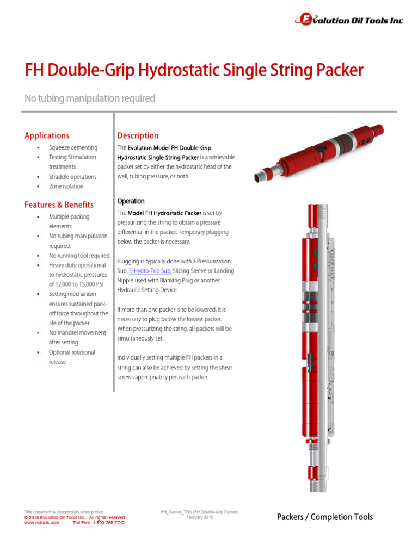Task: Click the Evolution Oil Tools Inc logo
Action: tap(348, 20)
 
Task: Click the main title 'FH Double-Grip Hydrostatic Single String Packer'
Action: tap(194, 70)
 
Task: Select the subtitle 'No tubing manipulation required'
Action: tap(90, 98)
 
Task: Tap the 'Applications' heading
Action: tap(47, 135)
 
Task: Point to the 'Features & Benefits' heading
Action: tap(59, 205)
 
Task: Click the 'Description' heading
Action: tap(138, 135)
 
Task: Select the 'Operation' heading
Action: tap(131, 201)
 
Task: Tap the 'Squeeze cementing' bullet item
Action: tap(73, 147)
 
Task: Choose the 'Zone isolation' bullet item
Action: tap(66, 187)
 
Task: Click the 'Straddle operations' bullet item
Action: tap(72, 177)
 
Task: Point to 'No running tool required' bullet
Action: tap(79, 256)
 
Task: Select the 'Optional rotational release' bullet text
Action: tap(71, 357)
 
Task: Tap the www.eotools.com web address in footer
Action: tap(42, 522)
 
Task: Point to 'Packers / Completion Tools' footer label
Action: tap(324, 517)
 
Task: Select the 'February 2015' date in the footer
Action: tap(200, 517)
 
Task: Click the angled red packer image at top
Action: tap(321, 152)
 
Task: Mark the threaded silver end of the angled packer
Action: tap(262, 175)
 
